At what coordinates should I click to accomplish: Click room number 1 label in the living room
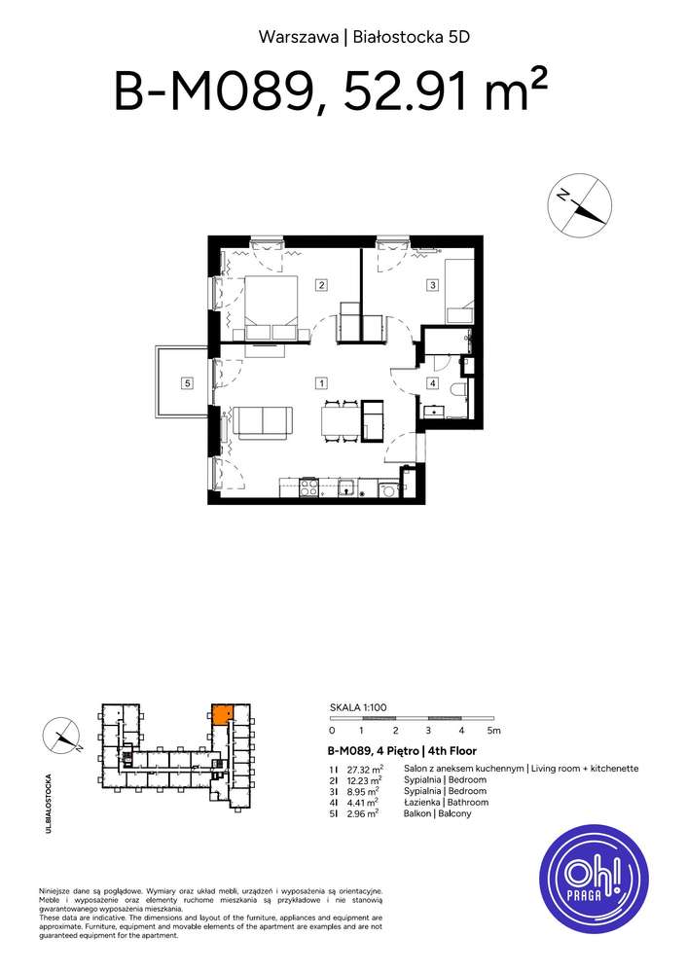point(321,382)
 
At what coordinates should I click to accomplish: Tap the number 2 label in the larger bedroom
point(320,285)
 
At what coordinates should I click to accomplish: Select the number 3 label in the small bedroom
point(432,285)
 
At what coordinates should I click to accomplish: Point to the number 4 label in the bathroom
point(432,383)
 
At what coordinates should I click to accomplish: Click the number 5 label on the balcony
point(187,383)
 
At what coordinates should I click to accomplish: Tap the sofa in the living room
point(263,421)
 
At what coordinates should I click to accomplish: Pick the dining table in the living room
point(340,420)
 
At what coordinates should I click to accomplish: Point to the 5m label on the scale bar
point(493,730)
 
